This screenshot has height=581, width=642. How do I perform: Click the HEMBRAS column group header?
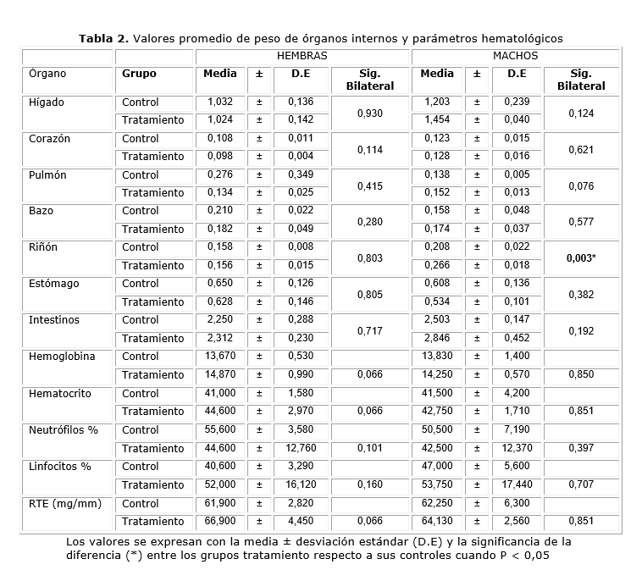(x=302, y=56)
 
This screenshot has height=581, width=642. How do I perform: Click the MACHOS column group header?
(x=515, y=56)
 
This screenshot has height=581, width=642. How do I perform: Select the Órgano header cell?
(x=47, y=74)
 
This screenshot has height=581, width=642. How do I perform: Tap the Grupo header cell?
(x=139, y=74)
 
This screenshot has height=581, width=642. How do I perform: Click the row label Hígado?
(x=46, y=102)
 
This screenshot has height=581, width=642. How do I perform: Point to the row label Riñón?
(x=43, y=247)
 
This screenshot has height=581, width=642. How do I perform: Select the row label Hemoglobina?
(x=61, y=357)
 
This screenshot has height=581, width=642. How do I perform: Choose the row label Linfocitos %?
(x=59, y=466)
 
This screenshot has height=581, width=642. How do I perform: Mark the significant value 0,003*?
(x=581, y=257)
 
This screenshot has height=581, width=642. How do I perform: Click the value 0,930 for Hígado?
(x=369, y=112)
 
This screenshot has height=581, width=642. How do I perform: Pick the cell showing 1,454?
(x=437, y=120)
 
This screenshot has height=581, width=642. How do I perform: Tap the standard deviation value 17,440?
(x=517, y=484)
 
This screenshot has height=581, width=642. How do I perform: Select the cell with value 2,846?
(x=437, y=338)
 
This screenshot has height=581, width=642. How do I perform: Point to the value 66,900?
(x=220, y=521)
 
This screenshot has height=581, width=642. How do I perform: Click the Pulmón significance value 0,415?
(x=369, y=185)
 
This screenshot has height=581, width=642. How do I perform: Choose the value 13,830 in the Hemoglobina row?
(x=437, y=357)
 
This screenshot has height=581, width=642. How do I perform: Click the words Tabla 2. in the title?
(x=103, y=38)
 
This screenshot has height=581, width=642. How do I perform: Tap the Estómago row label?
(x=53, y=284)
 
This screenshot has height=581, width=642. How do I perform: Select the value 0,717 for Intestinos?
(x=369, y=330)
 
